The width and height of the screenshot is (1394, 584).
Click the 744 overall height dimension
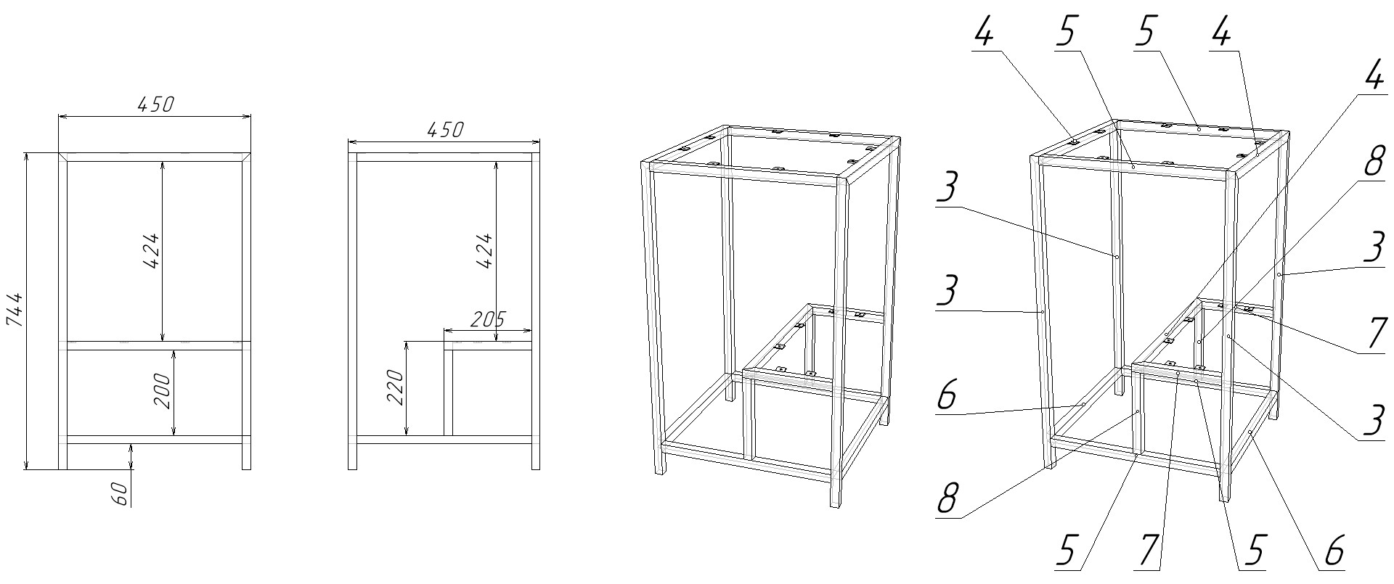(17, 310)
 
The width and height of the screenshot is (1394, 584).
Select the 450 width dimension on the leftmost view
(155, 104)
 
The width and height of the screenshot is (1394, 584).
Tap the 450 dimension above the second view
(444, 130)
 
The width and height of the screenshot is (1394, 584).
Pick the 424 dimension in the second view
(485, 250)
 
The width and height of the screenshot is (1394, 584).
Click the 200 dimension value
(164, 391)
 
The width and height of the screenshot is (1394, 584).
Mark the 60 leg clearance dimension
(121, 494)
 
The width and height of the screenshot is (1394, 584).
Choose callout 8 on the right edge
(1374, 163)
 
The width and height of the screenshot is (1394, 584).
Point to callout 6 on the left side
(947, 396)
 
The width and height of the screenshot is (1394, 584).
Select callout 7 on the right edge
(1374, 334)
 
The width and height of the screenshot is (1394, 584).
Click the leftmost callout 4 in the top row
(984, 33)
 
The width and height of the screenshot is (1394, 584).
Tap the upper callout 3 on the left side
(947, 190)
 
